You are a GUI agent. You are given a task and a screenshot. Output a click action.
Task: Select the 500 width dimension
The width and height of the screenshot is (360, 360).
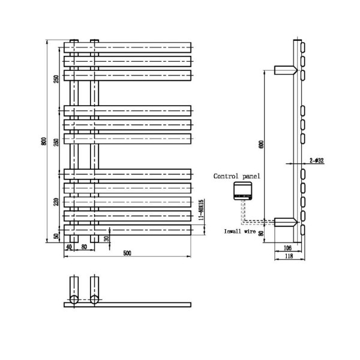point(127,253)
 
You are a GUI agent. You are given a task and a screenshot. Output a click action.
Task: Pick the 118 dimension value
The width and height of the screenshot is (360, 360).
point(289,256)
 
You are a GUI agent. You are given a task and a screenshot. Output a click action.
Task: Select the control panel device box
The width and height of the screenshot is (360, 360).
point(244,191)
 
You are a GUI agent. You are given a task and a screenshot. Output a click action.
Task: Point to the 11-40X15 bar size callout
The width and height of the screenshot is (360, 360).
point(202,212)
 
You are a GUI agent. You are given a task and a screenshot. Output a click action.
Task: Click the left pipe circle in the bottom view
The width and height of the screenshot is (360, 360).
point(73,299)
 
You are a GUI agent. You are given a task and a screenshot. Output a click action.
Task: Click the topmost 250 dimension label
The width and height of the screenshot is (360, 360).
point(56,79)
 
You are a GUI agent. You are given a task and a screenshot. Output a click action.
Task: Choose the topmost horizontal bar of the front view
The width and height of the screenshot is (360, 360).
point(127,47)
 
